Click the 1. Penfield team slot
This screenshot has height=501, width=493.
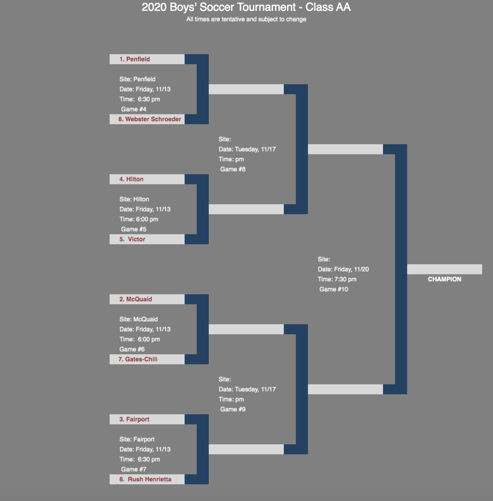pyautogui.click(x=147, y=59)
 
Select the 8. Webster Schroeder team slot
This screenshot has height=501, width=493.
pyautogui.click(x=147, y=119)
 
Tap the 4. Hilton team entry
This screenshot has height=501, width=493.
pyautogui.click(x=147, y=180)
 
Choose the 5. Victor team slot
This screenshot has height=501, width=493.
pyautogui.click(x=147, y=239)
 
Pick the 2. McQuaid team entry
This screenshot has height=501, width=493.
pyautogui.click(x=147, y=299)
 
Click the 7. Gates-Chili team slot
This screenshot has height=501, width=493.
pyautogui.click(x=147, y=360)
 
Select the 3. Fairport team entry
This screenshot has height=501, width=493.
pyautogui.click(x=147, y=419)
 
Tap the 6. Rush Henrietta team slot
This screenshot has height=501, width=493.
pyautogui.click(x=147, y=479)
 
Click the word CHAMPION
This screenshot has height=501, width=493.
pyautogui.click(x=444, y=279)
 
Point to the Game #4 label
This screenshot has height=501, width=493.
pyautogui.click(x=134, y=109)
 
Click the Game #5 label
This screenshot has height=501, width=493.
pyautogui.click(x=134, y=229)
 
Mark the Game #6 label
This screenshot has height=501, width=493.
pyautogui.click(x=132, y=349)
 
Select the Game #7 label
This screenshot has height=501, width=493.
pyautogui.click(x=134, y=469)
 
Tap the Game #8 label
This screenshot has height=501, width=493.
pyautogui.click(x=233, y=169)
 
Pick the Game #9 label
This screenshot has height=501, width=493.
pyautogui.click(x=233, y=409)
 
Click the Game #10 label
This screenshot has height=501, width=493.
pyautogui.click(x=334, y=289)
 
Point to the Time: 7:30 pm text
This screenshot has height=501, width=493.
pyautogui.click(x=337, y=279)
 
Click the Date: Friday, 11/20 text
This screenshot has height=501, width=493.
pyautogui.click(x=347, y=269)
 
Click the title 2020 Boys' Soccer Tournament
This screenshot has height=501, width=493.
pyautogui.click(x=246, y=7)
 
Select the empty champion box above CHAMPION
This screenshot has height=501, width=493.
pyautogui.click(x=444, y=269)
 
